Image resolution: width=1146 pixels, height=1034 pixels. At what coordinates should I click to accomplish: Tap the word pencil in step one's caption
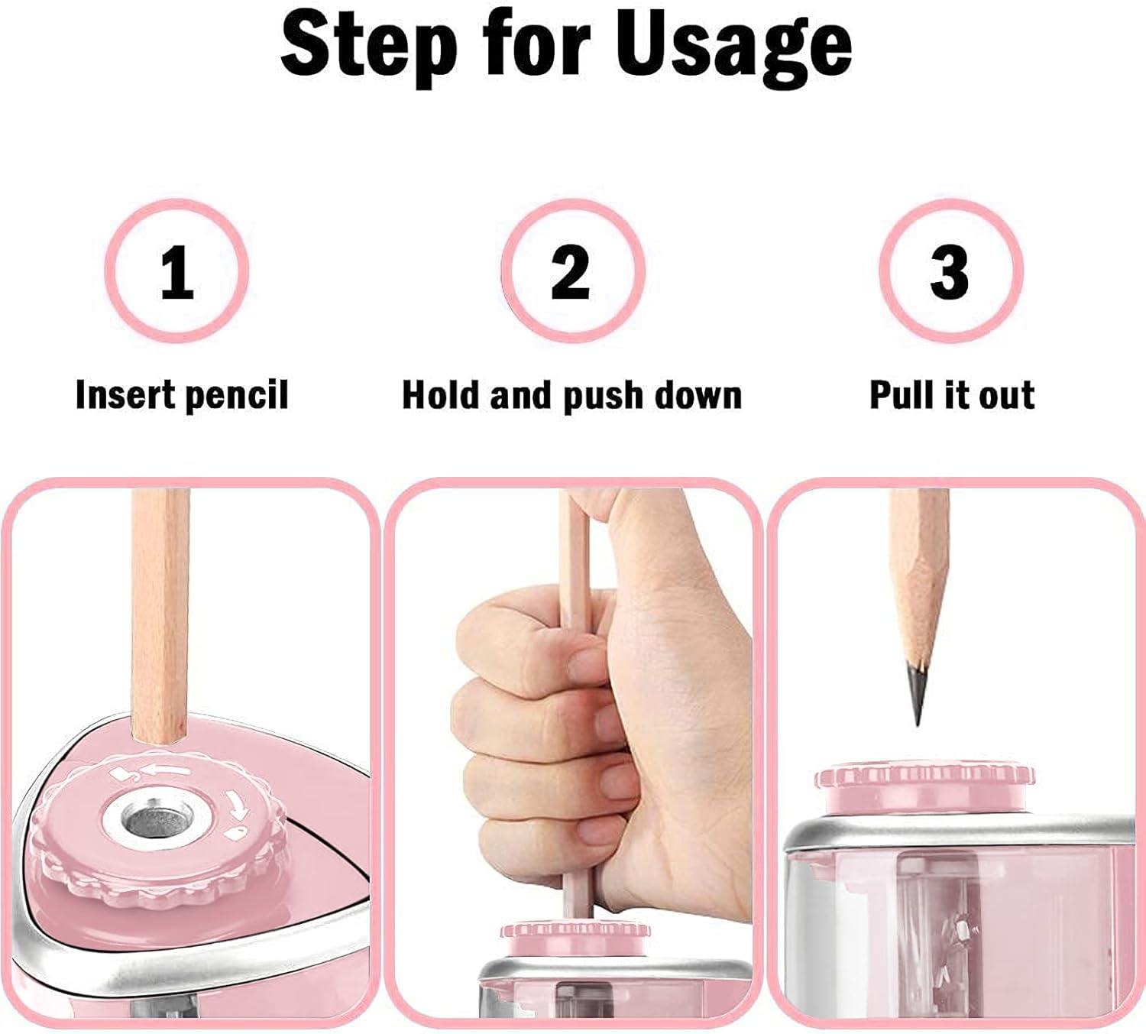click(237, 396)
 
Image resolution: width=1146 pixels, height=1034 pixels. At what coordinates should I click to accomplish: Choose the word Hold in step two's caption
click(441, 395)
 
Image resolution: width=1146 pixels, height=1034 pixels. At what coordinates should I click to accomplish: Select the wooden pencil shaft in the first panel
click(160, 611)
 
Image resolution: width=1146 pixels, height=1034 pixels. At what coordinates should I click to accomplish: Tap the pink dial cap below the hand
click(575, 938)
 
